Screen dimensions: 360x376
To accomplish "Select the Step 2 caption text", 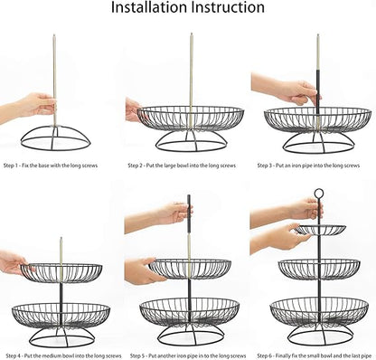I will click(x=188, y=166).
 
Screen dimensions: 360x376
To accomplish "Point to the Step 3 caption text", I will click(x=312, y=166).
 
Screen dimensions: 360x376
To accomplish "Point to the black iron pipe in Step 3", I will click(x=317, y=90).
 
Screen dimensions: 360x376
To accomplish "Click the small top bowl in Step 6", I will click(x=317, y=230).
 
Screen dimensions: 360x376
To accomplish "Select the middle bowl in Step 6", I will click(x=317, y=269).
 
